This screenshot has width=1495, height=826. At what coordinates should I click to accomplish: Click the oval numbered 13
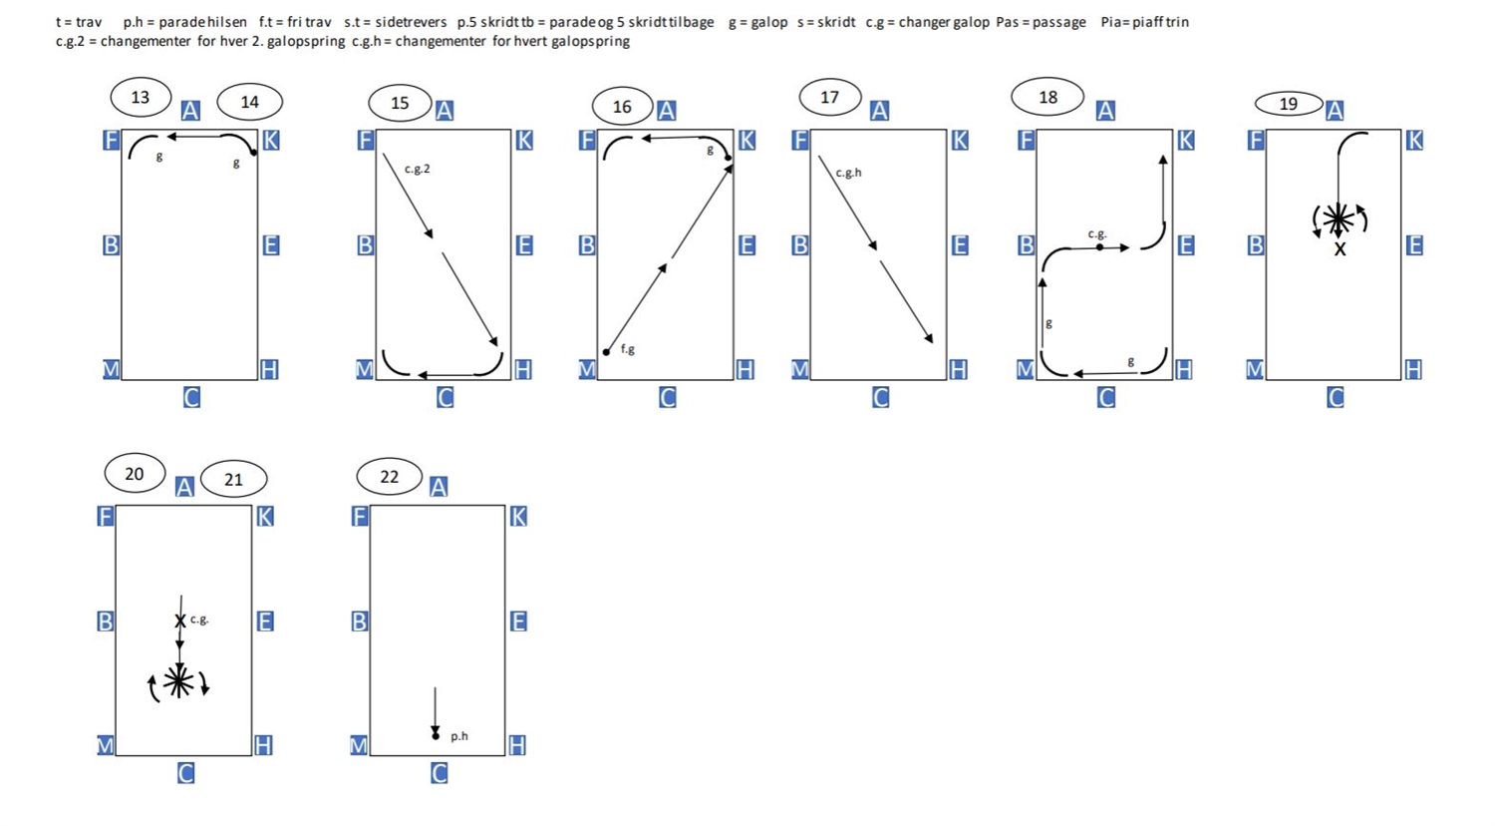[141, 98]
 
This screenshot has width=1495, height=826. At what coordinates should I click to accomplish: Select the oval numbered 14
[249, 102]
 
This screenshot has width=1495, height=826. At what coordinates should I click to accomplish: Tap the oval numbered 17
[829, 98]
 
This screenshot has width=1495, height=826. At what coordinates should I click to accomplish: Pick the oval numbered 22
[389, 477]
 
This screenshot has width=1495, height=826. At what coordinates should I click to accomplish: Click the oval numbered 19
[1289, 104]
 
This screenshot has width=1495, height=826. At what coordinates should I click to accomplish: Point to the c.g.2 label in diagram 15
[418, 169]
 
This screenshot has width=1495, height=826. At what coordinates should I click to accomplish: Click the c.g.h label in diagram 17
[848, 173]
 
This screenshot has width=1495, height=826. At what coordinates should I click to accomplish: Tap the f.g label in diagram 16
[628, 349]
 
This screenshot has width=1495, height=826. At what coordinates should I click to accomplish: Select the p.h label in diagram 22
[459, 736]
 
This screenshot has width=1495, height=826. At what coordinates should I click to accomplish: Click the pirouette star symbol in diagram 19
[1339, 218]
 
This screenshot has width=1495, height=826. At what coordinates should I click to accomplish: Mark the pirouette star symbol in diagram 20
[179, 681]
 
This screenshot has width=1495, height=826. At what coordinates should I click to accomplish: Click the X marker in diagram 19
[1340, 249]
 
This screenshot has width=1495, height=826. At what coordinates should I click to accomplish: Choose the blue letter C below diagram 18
[1106, 397]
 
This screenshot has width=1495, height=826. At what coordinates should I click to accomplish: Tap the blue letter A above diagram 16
[667, 111]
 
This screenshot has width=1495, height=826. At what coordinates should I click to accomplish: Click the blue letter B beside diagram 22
[360, 621]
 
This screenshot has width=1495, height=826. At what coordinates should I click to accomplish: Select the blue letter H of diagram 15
[523, 370]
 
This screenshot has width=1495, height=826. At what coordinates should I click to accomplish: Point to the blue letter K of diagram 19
[1414, 141]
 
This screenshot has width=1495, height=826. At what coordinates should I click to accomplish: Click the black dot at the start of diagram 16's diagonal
[606, 352]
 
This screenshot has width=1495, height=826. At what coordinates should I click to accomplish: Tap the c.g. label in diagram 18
[1096, 233]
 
